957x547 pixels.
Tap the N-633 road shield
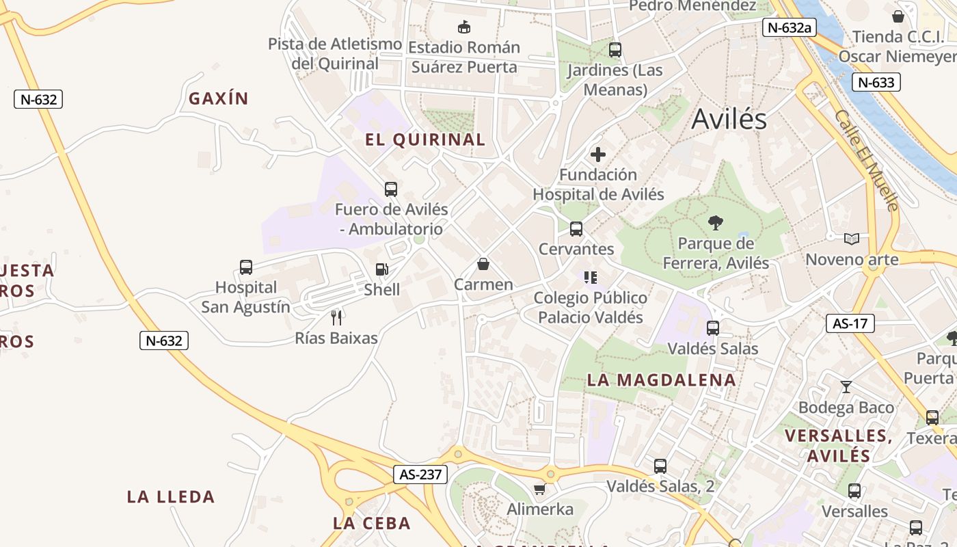[876, 83]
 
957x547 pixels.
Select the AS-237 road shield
[420, 475]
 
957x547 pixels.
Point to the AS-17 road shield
[850, 323]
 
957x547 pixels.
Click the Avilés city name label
[729, 120]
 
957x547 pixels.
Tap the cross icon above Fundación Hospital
[598, 154]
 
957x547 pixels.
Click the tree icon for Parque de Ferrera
[716, 222]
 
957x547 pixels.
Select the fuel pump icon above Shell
[381, 270]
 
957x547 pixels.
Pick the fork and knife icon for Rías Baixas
[336, 317]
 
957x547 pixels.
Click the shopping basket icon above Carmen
[483, 264]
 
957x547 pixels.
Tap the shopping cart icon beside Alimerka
[540, 489]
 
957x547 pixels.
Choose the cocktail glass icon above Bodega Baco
[846, 387]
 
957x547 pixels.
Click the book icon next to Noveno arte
[852, 239]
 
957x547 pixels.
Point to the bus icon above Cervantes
[576, 228]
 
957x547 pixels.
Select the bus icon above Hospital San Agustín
[246, 267]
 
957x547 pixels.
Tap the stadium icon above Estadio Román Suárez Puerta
[464, 27]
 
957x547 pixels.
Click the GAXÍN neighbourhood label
[218, 98]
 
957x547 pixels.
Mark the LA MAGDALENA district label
[661, 380]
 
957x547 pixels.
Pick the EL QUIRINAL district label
[425, 140]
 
